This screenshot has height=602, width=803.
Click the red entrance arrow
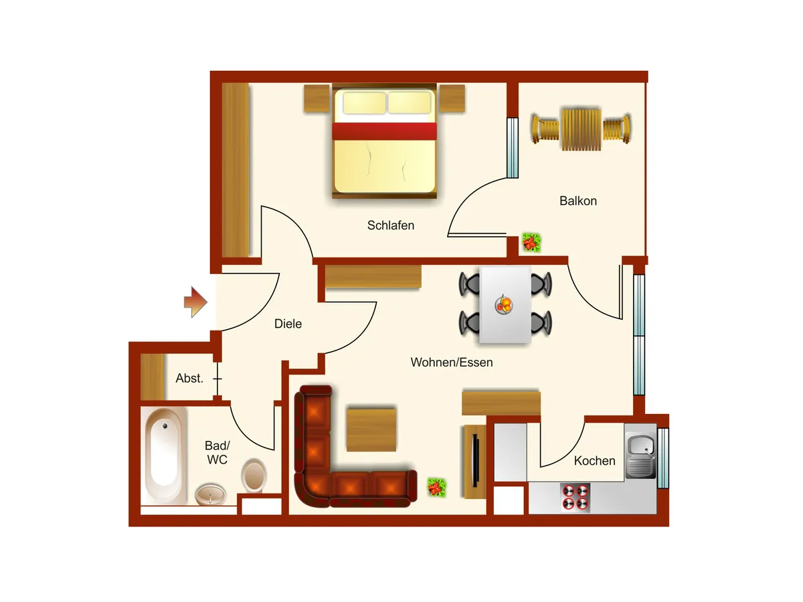coord(195,302)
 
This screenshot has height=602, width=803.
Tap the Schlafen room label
coord(391,225)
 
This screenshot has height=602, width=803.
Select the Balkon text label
coord(578,201)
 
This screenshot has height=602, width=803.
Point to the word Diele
coord(288,324)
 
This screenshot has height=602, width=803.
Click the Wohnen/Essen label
coord(452,363)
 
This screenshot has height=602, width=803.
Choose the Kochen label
coord(594,461)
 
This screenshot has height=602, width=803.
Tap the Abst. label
coord(189,378)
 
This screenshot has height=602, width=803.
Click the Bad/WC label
coord(217,453)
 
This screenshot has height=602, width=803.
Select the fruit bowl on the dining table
coord(504,304)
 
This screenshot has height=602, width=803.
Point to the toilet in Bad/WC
coord(254,475)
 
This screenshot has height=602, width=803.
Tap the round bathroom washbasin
coord(210,494)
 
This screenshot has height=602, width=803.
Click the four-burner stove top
coord(575,497)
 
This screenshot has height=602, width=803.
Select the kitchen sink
coord(640,451)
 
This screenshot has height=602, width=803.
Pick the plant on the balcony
coord(531,242)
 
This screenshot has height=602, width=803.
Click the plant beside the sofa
coord(437,488)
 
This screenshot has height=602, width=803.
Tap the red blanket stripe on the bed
coord(384,131)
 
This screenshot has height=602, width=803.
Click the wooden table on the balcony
coord(582,128)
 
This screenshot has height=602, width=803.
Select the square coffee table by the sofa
coord(371,429)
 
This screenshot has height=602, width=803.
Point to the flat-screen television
coord(475,460)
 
